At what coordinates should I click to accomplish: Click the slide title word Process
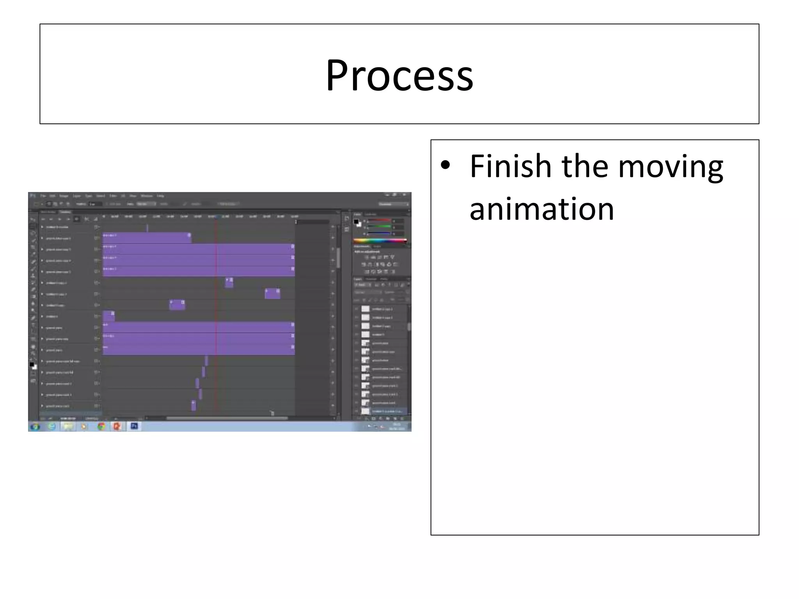399,75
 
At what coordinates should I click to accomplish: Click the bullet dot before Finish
445,165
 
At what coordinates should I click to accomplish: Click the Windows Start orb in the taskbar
35,426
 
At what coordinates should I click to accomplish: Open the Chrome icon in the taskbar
101,426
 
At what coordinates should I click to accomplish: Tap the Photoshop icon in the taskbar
134,426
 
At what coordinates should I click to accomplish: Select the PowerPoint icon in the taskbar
117,426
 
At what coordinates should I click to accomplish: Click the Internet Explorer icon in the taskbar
51,426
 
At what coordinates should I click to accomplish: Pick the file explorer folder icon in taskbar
68,426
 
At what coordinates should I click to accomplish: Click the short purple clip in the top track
147,237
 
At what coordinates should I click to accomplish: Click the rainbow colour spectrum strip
380,241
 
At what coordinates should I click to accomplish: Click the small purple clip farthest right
272,294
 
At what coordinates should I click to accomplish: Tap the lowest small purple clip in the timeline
194,406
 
